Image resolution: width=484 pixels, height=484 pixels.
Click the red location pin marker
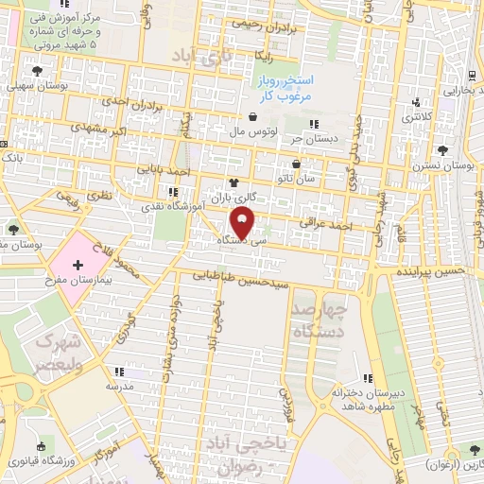click(243, 223)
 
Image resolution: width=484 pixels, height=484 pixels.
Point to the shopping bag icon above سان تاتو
click(296, 163)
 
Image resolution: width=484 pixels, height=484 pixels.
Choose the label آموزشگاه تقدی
click(166, 204)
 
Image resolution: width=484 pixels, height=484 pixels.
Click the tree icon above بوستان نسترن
click(442, 150)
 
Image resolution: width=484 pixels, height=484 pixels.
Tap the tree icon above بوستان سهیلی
click(37, 71)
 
